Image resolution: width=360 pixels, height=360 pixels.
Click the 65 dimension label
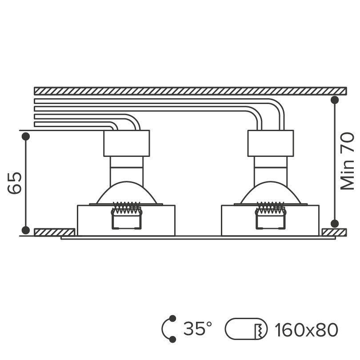(x=15, y=183)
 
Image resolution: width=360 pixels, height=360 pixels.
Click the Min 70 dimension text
(x=347, y=161)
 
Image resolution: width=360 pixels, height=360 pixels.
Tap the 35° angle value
(x=198, y=328)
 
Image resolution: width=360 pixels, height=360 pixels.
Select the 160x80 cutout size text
(x=306, y=330)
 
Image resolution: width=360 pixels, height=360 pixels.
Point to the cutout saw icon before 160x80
(x=246, y=329)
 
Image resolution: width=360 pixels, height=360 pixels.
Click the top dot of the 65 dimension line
(x=26, y=136)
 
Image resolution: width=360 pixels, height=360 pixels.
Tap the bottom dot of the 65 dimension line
(x=26, y=230)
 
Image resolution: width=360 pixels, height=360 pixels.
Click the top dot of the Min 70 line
(x=335, y=100)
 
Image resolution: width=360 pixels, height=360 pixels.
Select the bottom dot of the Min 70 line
(x=335, y=224)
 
